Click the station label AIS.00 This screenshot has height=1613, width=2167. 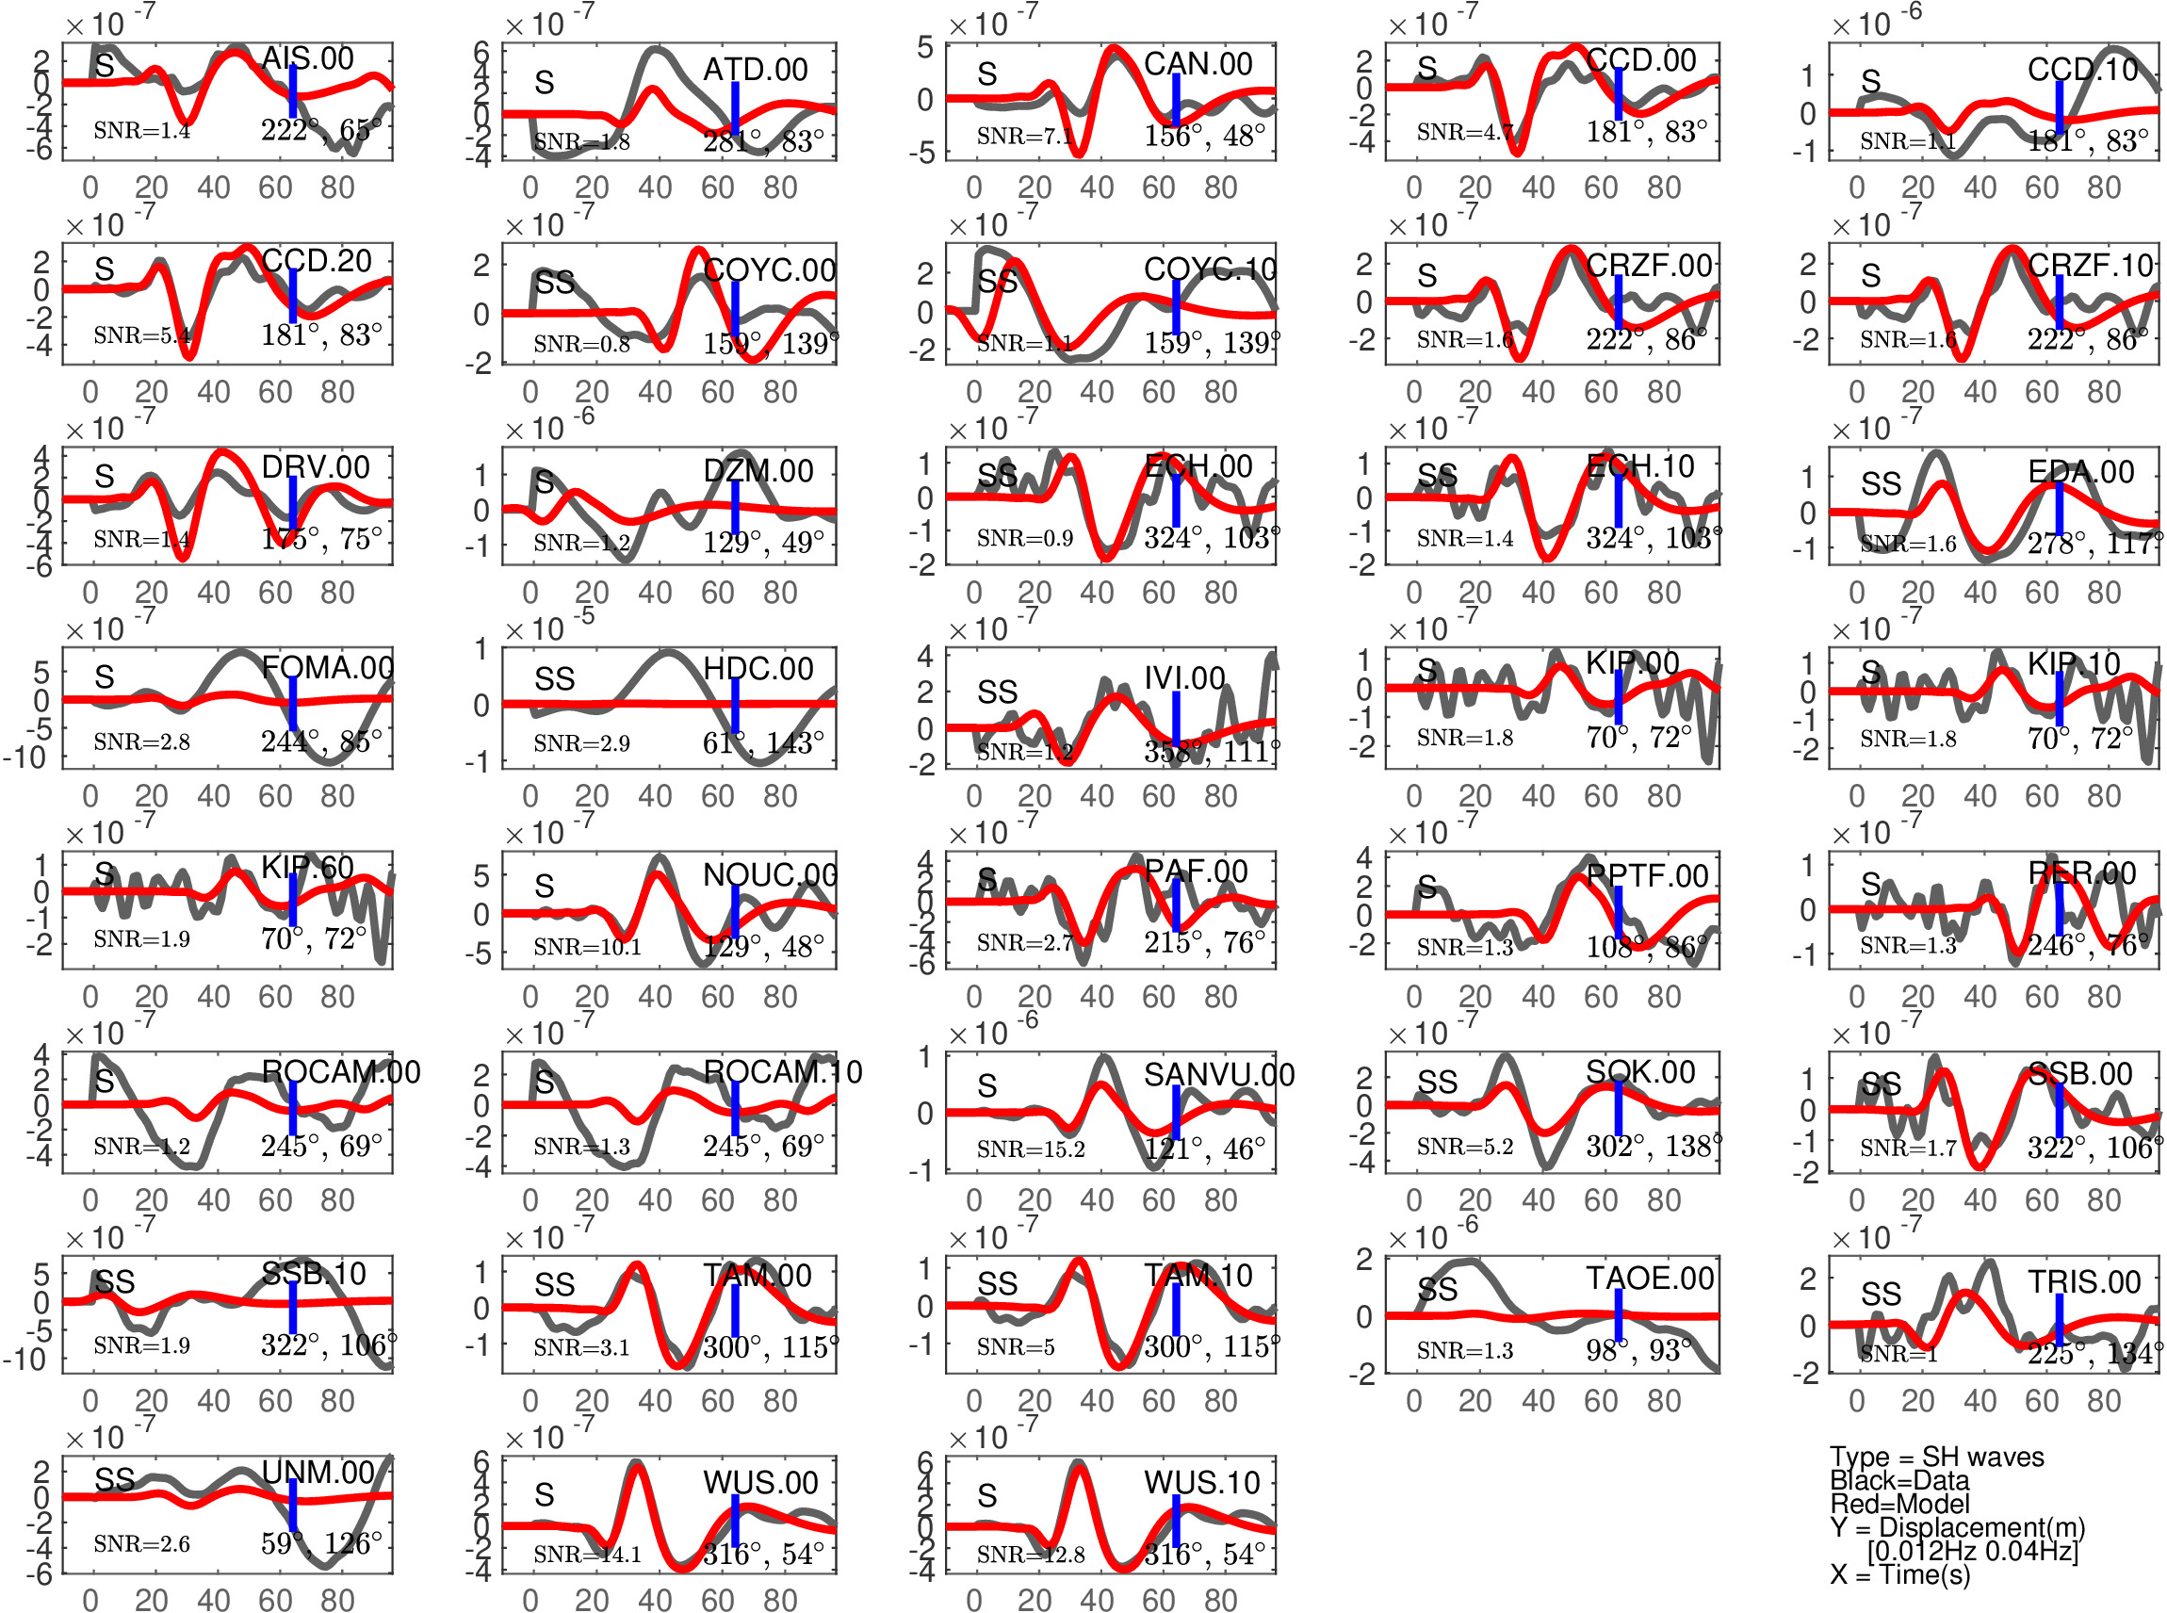coord(307,58)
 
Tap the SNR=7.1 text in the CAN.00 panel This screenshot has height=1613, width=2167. coord(1024,136)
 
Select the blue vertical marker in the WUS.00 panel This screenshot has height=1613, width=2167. coord(735,1521)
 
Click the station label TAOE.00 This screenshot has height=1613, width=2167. coord(1650,1279)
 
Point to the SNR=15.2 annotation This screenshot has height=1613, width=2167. coord(1030,1149)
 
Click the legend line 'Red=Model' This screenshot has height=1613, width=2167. coord(1898,1504)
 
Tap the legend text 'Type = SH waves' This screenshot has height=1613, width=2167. coord(1935,1457)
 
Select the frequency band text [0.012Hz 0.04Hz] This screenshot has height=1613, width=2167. coord(1972,1551)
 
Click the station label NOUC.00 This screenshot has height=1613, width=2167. coord(770,875)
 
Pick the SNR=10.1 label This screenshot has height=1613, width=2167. coord(587,946)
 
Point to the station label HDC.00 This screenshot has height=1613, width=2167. coord(758,669)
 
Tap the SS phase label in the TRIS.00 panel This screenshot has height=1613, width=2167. coord(1881,1294)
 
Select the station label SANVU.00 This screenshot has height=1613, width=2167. coord(1218,1075)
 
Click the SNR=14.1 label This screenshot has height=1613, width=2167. coord(587,1554)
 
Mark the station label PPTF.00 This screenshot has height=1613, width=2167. coord(1647,876)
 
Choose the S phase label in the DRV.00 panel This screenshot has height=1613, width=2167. coord(105,477)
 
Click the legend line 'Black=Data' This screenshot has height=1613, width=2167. coord(1898,1480)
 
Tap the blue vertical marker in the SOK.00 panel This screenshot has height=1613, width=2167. coord(1618,1108)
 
